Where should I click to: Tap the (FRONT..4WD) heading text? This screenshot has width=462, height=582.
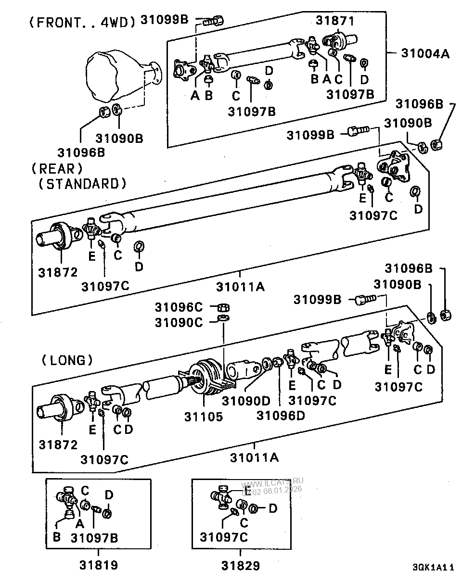coord(82,23)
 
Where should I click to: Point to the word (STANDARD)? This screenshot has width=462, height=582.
coord(82,183)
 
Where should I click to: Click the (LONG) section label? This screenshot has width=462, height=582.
coord(67,359)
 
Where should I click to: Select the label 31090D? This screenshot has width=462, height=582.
coord(245,400)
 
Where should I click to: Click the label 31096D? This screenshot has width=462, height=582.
coord(281,415)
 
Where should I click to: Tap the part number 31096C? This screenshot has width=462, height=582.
coord(179,307)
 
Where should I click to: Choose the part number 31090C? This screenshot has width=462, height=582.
coord(179,322)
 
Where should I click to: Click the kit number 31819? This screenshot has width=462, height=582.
coord(98,565)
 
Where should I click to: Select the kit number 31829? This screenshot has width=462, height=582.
coord(241,565)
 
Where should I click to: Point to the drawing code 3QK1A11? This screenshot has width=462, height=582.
coord(433,568)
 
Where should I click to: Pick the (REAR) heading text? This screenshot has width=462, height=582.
coord(57,169)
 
